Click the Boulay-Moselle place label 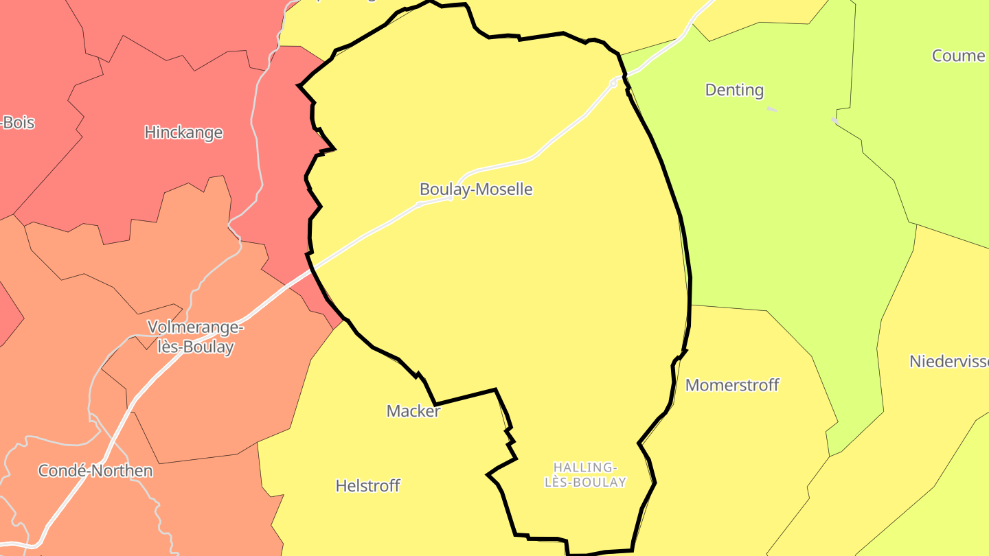tap(476, 189)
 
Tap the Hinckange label tap(183, 132)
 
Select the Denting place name tap(734, 90)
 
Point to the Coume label tap(958, 56)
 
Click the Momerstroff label tap(732, 384)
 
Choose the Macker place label tap(413, 410)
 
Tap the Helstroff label tap(367, 485)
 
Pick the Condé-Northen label tap(95, 471)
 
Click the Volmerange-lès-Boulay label tap(196, 336)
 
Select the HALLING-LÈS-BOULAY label tap(585, 475)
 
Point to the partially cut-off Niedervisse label tap(948, 361)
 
